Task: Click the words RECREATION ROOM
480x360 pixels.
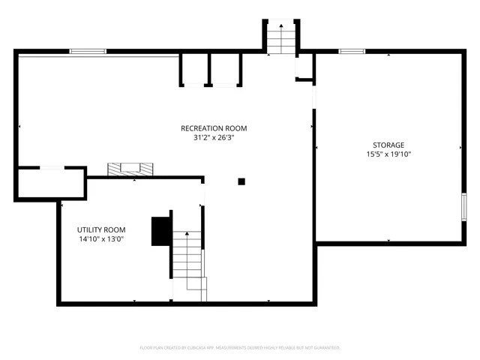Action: point(214,128)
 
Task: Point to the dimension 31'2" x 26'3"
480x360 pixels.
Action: point(214,138)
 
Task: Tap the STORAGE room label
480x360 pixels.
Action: point(388,145)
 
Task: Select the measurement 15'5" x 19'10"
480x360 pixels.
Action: point(388,154)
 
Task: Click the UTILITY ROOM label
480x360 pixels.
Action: point(101,229)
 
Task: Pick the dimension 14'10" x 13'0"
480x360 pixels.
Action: point(101,239)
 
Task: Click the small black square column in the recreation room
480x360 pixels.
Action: point(241,181)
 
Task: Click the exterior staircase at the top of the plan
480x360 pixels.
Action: point(280,37)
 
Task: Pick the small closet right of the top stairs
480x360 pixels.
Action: point(304,67)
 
